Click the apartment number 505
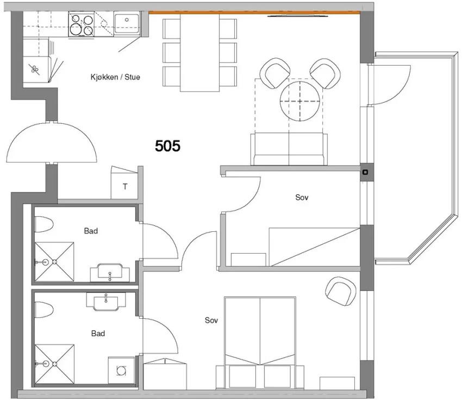167,146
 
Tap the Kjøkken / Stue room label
115,77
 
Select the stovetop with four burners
82,24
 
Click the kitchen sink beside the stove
127,23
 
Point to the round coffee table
300,101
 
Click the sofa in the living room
289,149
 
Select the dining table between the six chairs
200,53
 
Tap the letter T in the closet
125,186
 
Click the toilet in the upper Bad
43,224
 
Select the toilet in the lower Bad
43,309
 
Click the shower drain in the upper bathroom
54,262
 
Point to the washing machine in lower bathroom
121,370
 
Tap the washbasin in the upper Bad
110,272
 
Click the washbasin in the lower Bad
106,301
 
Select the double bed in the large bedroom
260,343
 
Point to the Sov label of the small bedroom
302,197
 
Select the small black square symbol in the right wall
365,172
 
